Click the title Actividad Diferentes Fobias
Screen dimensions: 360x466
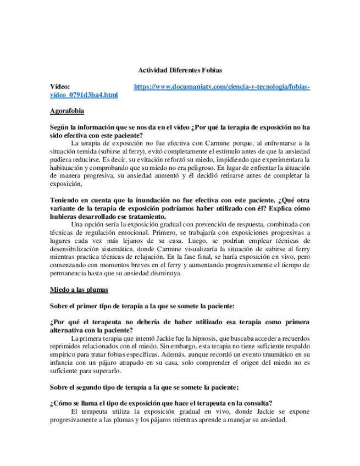click(179, 70)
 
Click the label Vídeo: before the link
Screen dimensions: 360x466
click(60, 87)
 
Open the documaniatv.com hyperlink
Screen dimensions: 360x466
click(222, 87)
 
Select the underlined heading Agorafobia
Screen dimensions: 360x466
click(67, 111)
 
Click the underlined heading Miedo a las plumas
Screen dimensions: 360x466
click(79, 289)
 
